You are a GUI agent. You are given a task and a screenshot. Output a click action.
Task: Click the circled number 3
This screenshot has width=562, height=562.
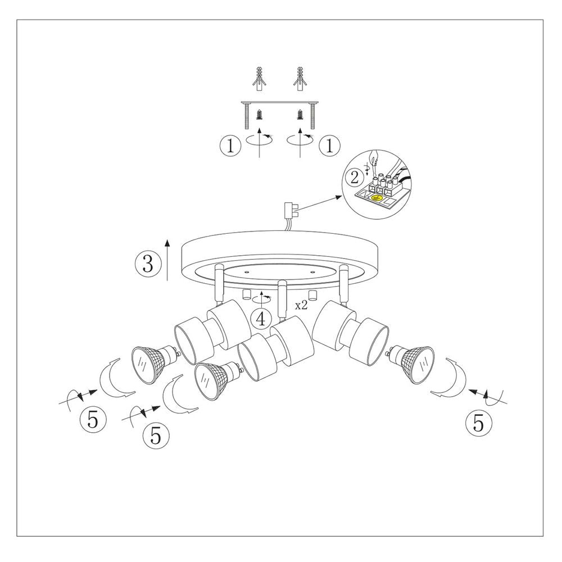tap(148, 263)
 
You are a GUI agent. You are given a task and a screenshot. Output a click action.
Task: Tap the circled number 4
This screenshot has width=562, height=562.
tap(261, 318)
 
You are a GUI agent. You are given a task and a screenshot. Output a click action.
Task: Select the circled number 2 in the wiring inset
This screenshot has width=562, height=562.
tap(355, 178)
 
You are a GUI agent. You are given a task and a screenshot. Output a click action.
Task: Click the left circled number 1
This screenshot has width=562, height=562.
tap(229, 146)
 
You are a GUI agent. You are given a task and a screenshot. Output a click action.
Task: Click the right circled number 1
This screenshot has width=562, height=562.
tap(329, 146)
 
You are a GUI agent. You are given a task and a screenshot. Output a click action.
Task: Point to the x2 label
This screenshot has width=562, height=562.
tap(302, 306)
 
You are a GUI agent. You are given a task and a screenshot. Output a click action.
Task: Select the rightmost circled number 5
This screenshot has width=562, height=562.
tap(478, 423)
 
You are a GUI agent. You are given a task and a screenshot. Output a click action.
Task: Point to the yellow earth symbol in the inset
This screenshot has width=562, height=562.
tap(378, 197)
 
